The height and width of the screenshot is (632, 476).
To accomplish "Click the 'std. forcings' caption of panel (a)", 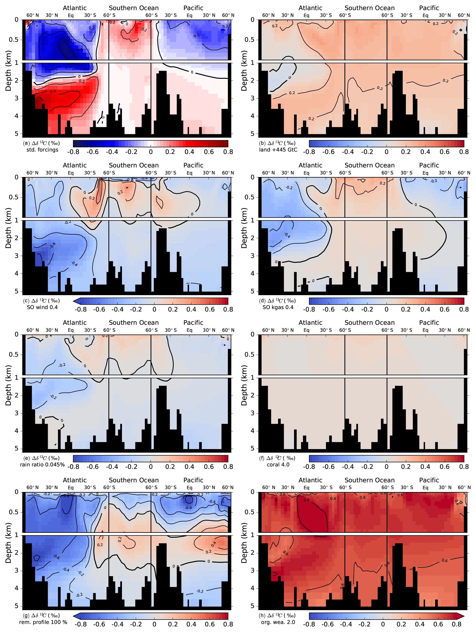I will click(42, 150).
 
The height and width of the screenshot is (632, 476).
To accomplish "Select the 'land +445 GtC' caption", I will click(278, 150).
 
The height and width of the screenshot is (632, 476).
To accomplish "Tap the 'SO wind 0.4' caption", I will click(42, 307).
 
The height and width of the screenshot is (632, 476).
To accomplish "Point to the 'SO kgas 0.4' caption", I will click(278, 307).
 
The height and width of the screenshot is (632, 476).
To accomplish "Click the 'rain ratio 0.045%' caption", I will click(42, 465).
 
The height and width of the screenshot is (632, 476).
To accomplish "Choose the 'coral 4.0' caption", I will click(278, 465).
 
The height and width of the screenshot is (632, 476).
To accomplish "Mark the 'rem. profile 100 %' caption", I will click(43, 622).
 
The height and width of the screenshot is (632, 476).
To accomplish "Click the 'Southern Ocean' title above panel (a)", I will click(134, 8).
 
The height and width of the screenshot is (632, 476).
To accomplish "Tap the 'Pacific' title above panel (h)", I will click(429, 480).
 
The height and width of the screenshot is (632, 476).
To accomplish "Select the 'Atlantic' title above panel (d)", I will click(310, 165).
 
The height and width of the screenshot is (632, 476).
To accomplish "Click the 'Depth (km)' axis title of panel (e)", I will click(8, 385).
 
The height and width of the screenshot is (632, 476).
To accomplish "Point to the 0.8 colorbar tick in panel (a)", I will click(228, 152).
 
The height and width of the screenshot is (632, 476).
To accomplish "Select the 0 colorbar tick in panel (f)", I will click(386, 467).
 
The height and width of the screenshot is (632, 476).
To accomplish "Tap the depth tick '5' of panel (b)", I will click(252, 134).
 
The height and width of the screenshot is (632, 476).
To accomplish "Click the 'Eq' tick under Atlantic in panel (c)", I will click(71, 173).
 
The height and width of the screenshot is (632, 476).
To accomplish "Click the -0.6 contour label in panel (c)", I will click(53, 245).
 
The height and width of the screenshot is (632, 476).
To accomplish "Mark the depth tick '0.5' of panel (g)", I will click(14, 512).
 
